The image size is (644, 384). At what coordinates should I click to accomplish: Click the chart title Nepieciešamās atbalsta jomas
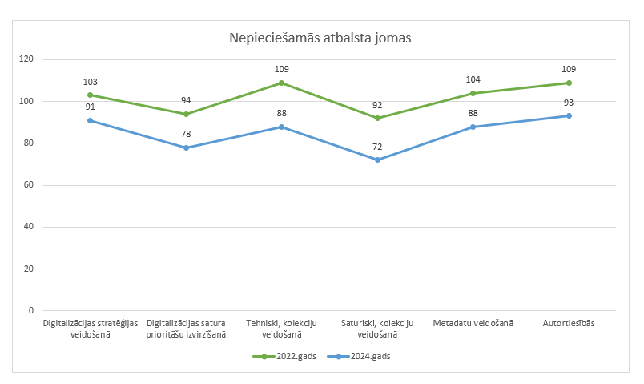320,38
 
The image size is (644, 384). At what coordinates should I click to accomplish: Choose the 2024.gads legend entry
369,357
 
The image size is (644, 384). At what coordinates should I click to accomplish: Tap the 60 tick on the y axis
30,185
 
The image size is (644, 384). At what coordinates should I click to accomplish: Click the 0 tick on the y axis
32,310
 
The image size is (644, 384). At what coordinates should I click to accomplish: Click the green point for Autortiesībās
569,83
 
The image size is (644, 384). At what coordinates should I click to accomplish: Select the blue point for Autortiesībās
569,116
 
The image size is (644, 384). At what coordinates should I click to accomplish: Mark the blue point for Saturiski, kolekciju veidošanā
377,160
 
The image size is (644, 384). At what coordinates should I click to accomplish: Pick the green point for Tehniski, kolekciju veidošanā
281,83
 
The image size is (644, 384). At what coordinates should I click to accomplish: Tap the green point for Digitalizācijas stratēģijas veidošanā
90,95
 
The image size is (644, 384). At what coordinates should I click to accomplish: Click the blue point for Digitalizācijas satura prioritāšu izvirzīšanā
186,148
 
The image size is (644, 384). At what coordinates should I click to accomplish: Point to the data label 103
90,82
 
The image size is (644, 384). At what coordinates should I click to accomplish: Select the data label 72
377,148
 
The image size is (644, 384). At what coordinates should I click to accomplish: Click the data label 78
186,135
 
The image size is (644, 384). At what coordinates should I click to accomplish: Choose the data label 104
473,80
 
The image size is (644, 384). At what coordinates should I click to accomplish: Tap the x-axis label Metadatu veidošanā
473,323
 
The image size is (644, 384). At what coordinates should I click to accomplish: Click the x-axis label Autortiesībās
569,323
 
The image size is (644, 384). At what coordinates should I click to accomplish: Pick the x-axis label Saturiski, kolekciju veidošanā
377,328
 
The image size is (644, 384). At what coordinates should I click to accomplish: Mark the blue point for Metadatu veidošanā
473,127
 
